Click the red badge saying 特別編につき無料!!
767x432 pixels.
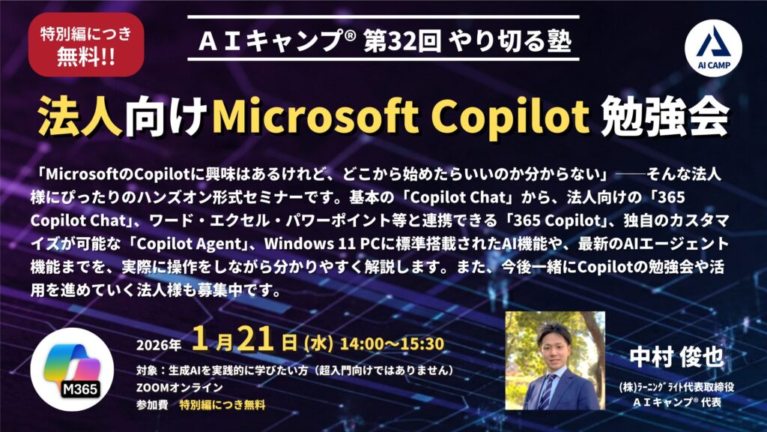click(85, 44)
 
